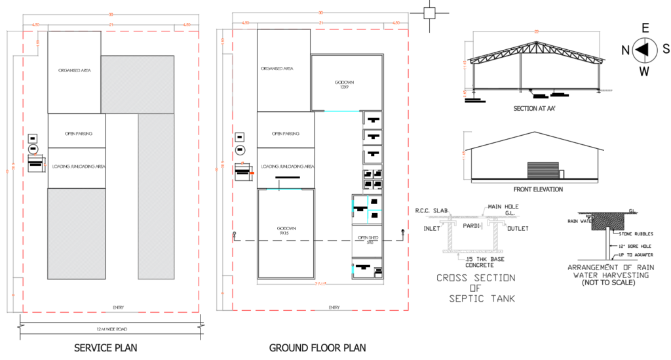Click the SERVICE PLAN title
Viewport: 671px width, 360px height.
[105, 347]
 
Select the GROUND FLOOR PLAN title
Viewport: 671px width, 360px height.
[318, 347]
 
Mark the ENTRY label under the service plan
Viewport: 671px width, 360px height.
[119, 307]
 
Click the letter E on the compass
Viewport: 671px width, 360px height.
[645, 28]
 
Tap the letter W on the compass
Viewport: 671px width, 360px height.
[645, 71]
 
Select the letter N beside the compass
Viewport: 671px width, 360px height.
[625, 49]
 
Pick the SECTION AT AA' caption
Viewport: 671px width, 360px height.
[535, 108]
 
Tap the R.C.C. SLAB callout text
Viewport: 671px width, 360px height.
[431, 211]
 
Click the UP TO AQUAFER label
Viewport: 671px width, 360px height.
[634, 255]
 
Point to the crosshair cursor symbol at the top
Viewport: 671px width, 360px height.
[429, 13]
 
